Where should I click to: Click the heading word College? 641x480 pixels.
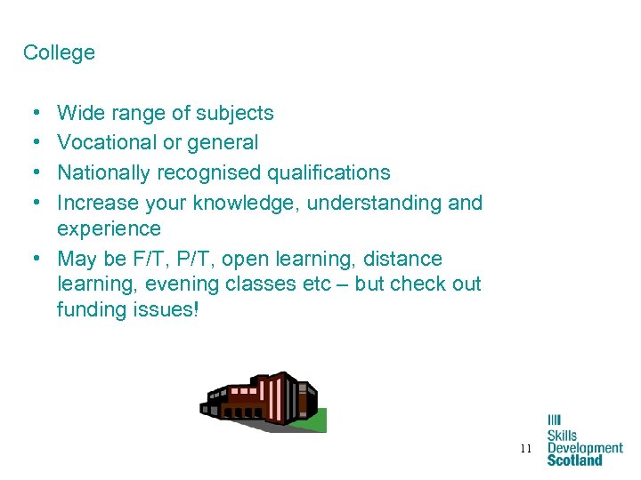tap(59, 52)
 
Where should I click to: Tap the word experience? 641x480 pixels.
tap(109, 228)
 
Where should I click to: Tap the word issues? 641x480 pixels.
tap(166, 309)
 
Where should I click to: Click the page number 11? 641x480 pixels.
tap(526, 449)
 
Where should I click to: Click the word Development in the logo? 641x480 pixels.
tap(585, 449)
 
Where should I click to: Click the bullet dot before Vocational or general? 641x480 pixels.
tap(31, 143)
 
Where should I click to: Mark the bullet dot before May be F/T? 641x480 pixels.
tap(31, 260)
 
